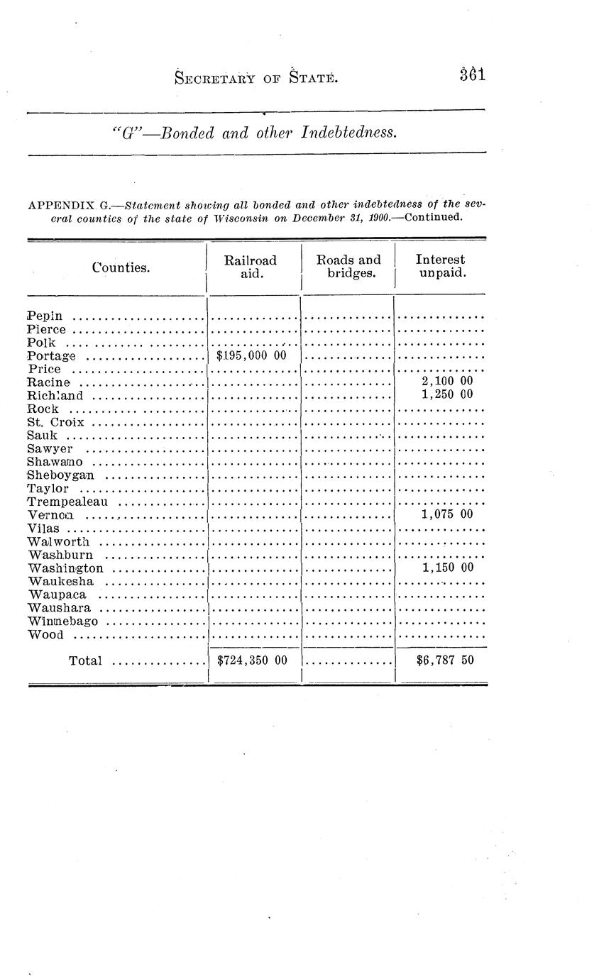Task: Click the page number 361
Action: tap(472, 74)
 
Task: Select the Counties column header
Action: tap(121, 267)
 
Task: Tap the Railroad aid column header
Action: tap(251, 267)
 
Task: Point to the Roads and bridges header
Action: tap(348, 267)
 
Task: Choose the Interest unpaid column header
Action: tap(441, 267)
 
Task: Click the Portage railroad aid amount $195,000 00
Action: tap(251, 355)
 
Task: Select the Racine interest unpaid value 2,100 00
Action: tap(446, 382)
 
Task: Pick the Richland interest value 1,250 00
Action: tap(446, 395)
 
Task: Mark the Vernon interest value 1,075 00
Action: tap(446, 514)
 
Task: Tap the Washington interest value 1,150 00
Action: tap(446, 568)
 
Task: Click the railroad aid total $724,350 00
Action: tap(252, 661)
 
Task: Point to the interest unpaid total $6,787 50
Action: tap(445, 661)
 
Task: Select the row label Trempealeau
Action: tap(67, 502)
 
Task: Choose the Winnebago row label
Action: tap(62, 621)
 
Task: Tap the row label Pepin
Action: tap(45, 316)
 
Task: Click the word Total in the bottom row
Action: tap(85, 661)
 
